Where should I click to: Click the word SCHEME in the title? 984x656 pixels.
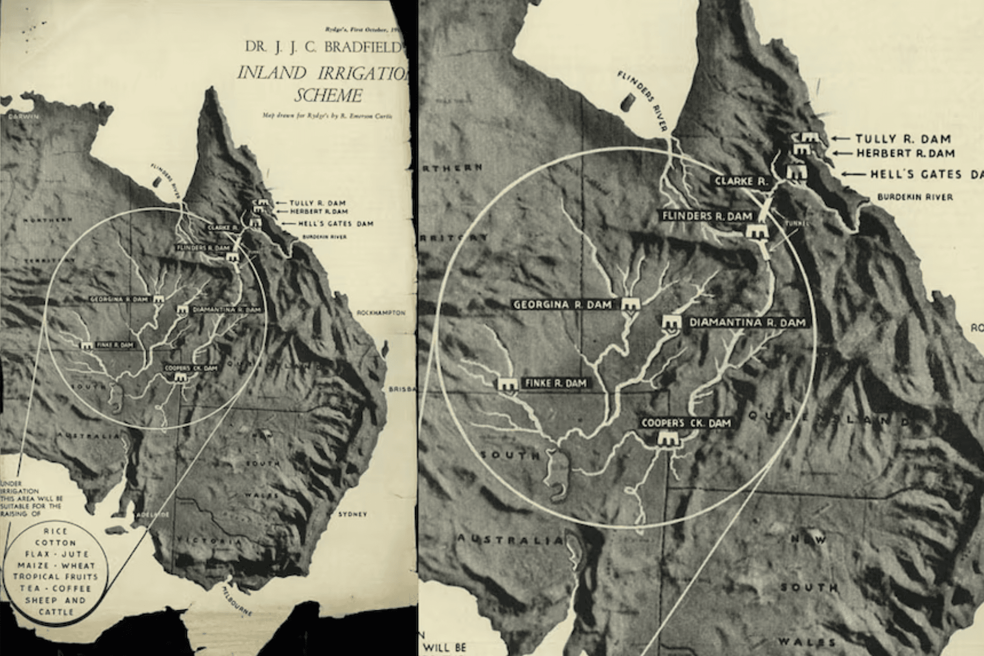(x=328, y=95)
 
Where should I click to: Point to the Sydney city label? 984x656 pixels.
(x=352, y=514)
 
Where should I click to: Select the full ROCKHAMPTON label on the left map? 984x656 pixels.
(x=381, y=313)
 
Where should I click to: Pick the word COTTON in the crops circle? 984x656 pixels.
(x=55, y=543)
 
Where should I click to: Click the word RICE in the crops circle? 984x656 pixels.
(x=55, y=531)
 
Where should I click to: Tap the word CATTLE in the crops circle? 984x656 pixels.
(x=56, y=612)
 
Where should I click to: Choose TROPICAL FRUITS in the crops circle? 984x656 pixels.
(x=55, y=577)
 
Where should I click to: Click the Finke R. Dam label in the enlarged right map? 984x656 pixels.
(x=555, y=384)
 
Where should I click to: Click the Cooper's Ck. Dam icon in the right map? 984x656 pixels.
(x=666, y=439)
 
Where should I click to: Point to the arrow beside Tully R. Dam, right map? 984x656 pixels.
(x=840, y=138)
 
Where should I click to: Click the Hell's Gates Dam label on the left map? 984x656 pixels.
(x=335, y=223)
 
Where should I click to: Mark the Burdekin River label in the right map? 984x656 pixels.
(x=915, y=197)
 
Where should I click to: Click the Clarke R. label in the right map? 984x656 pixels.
(x=741, y=182)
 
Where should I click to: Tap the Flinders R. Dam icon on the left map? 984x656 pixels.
(x=232, y=257)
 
